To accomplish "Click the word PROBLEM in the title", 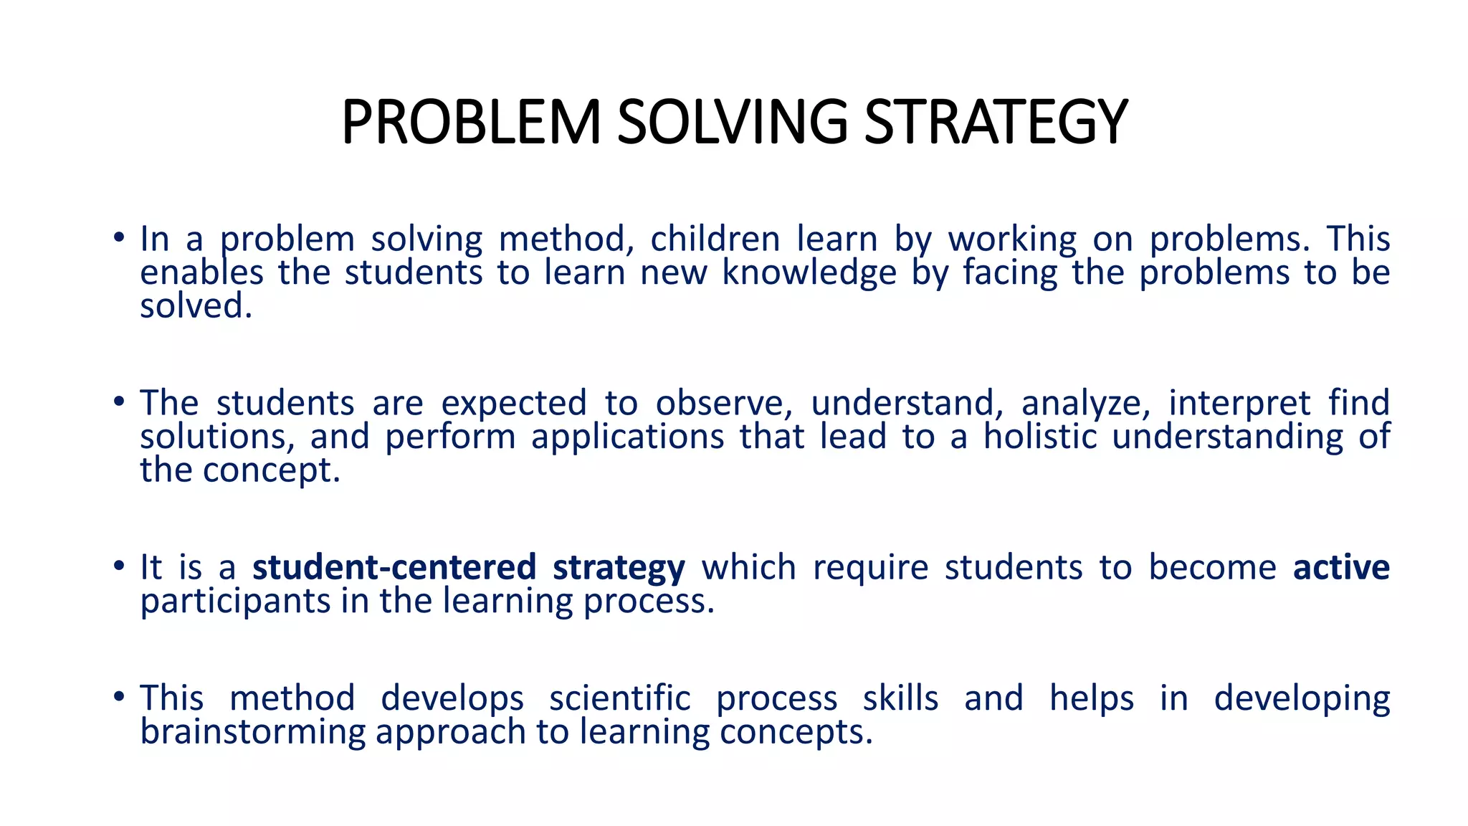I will [x=470, y=122].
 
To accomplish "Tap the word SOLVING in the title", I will [x=732, y=122].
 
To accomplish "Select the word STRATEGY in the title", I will [x=996, y=122].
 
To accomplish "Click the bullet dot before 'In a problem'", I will [x=119, y=238].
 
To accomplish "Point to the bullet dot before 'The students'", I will [x=119, y=402].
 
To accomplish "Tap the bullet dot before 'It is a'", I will [x=119, y=566].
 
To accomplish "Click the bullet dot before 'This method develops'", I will [x=119, y=697].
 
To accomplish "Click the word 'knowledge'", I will [x=809, y=273].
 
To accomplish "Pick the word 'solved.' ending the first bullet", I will [x=196, y=306].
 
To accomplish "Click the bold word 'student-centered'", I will [x=394, y=567].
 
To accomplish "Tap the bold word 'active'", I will [x=1341, y=567].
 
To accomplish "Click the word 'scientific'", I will [x=620, y=698].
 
